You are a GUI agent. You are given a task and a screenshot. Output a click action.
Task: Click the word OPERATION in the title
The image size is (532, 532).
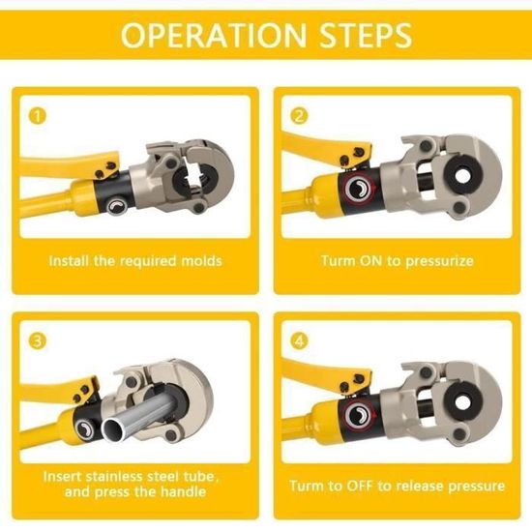coord(214,35)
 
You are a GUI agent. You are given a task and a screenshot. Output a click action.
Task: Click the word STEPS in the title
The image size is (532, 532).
coord(366,35)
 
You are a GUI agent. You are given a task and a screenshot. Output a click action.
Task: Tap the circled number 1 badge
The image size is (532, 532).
coord(38,116)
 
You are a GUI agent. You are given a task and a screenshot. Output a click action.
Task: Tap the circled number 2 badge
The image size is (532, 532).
coord(299,116)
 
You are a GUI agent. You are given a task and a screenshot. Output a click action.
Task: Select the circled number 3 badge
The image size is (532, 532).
coord(38,340)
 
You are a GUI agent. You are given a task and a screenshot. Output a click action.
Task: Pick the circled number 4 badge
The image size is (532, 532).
coord(299,340)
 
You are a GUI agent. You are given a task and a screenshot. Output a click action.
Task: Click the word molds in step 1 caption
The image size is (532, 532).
coord(201,261)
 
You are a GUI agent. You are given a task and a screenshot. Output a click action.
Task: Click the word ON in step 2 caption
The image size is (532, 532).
coord(370,261)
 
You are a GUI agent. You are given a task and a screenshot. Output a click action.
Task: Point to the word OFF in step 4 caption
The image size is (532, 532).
coord(359,486)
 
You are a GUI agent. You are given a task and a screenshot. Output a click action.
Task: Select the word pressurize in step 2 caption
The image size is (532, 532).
coord(439,261)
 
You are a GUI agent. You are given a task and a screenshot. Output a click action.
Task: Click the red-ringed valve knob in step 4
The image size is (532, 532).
coord(359,416)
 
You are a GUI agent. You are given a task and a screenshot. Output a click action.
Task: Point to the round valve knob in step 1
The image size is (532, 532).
coord(117,206)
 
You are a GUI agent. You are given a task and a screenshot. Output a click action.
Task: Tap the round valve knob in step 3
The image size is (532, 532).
coord(85,429)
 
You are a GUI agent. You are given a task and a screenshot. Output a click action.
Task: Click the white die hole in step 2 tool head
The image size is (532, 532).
coord(461,175)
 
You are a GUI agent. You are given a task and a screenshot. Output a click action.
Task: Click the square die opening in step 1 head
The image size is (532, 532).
coord(196,179)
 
